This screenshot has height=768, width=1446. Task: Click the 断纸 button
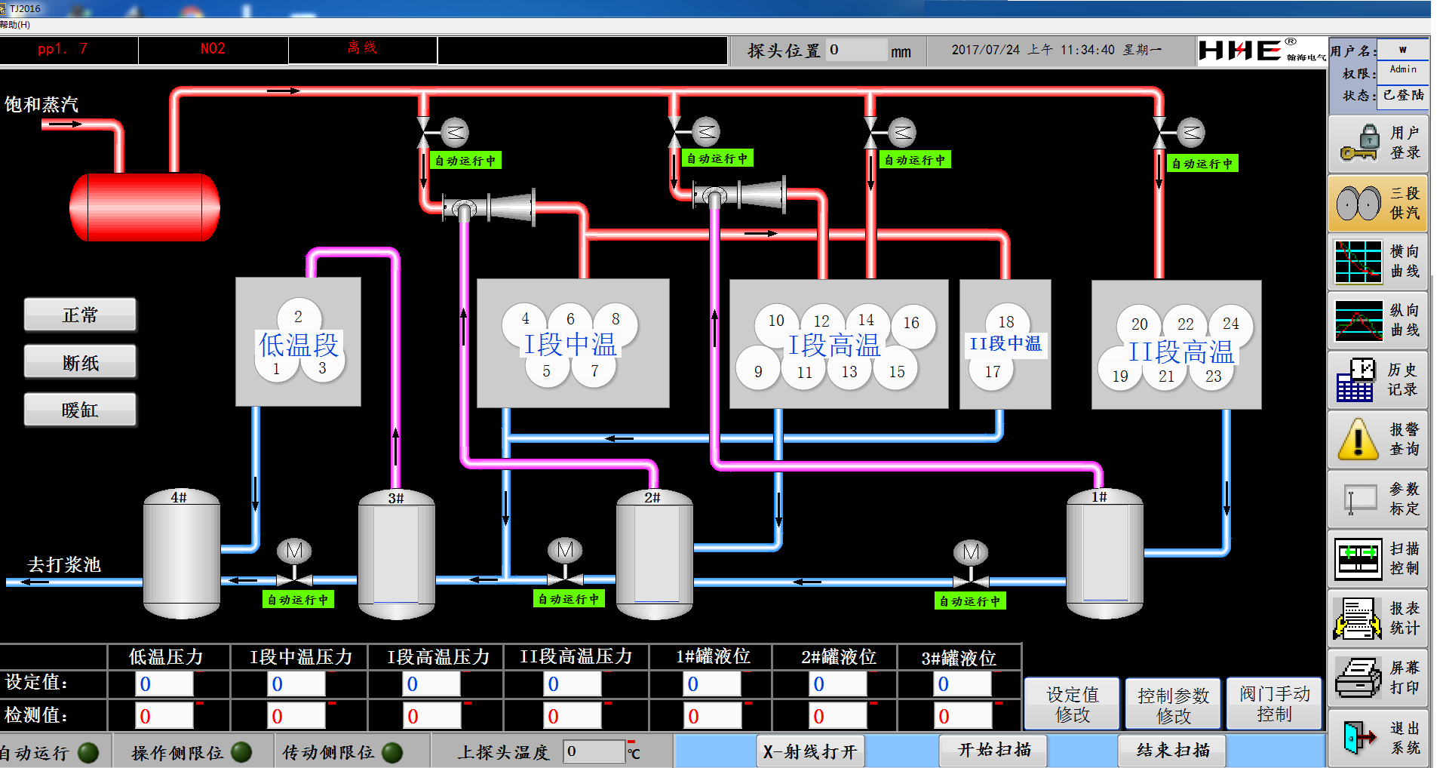80,362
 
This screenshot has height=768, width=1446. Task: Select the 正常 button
80,315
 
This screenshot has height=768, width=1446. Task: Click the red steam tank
145,207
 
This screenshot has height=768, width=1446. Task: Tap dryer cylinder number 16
911,323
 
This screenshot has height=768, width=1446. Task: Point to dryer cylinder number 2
298,317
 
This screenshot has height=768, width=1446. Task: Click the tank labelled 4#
182,554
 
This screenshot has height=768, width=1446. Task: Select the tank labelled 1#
1105,554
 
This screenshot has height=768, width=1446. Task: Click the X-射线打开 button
810,751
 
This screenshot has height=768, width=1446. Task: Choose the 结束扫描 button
1173,750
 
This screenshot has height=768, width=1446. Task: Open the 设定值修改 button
1072,704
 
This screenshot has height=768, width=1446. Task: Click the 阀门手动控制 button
1274,704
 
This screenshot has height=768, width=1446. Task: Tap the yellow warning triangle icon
1359,438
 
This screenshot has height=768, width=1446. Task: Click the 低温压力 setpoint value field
164,684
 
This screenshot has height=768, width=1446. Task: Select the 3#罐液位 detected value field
963,715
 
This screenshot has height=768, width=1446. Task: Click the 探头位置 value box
856,50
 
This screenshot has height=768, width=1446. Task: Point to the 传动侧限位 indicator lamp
392,752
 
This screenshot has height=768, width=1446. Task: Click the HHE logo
1240,50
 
